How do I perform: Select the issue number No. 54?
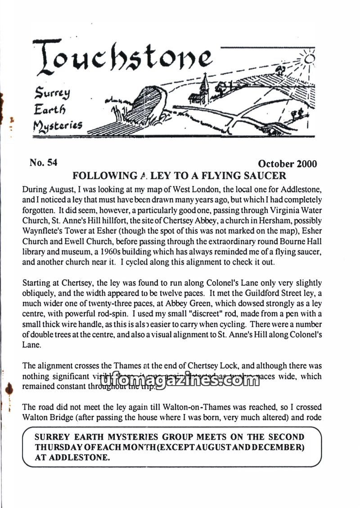(43, 163)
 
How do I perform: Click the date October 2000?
(288, 164)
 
